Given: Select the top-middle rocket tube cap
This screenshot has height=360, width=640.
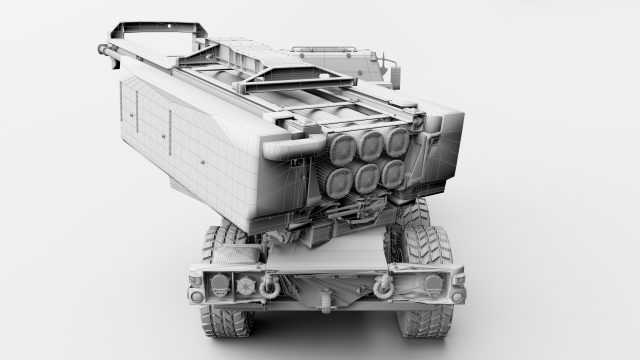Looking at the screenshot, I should [x=371, y=146].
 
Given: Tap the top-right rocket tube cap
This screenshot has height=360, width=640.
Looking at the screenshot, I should [x=397, y=142].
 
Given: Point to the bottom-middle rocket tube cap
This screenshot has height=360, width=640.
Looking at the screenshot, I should [x=367, y=177].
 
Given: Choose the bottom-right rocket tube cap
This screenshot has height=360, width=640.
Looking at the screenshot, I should [x=393, y=172].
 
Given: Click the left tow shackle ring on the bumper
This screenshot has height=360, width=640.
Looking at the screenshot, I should [x=269, y=288].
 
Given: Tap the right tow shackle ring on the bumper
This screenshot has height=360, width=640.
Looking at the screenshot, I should [x=382, y=288].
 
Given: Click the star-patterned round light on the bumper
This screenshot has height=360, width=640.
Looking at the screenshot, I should [x=246, y=285].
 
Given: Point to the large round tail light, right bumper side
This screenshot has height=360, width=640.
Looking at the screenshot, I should [x=432, y=284].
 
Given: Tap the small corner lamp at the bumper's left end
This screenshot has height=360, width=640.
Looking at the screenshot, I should [x=196, y=296].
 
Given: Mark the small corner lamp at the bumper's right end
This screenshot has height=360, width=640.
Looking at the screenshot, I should [x=457, y=296].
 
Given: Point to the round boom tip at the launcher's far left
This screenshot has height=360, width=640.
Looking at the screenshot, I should [x=102, y=48].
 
